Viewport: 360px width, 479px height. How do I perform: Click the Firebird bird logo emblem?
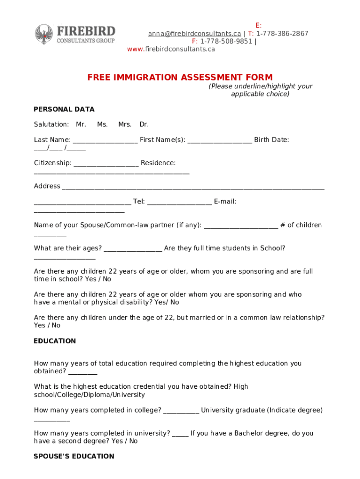pos(44,34)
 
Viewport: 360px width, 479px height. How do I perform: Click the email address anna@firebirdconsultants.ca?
pos(194,33)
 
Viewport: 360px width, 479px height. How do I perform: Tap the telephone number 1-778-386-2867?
pos(282,33)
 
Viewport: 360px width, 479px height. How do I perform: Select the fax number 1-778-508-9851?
pos(226,41)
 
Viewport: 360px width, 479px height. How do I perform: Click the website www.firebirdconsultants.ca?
pos(171,49)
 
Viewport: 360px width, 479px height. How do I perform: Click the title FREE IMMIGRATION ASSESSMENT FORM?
pos(180,78)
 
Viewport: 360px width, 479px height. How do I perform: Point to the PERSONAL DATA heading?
pos(64,109)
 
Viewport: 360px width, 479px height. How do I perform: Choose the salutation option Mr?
pos(81,124)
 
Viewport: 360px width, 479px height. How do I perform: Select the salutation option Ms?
pos(102,124)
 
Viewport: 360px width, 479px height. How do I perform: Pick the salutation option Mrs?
pos(125,124)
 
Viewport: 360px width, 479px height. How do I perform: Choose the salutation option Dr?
pos(144,124)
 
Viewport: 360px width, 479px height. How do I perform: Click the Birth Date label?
pos(272,140)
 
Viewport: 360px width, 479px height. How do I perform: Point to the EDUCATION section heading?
pos(55,341)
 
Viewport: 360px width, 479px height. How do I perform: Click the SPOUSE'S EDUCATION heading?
pos(74,457)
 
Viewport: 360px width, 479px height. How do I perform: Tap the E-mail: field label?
pos(225,202)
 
